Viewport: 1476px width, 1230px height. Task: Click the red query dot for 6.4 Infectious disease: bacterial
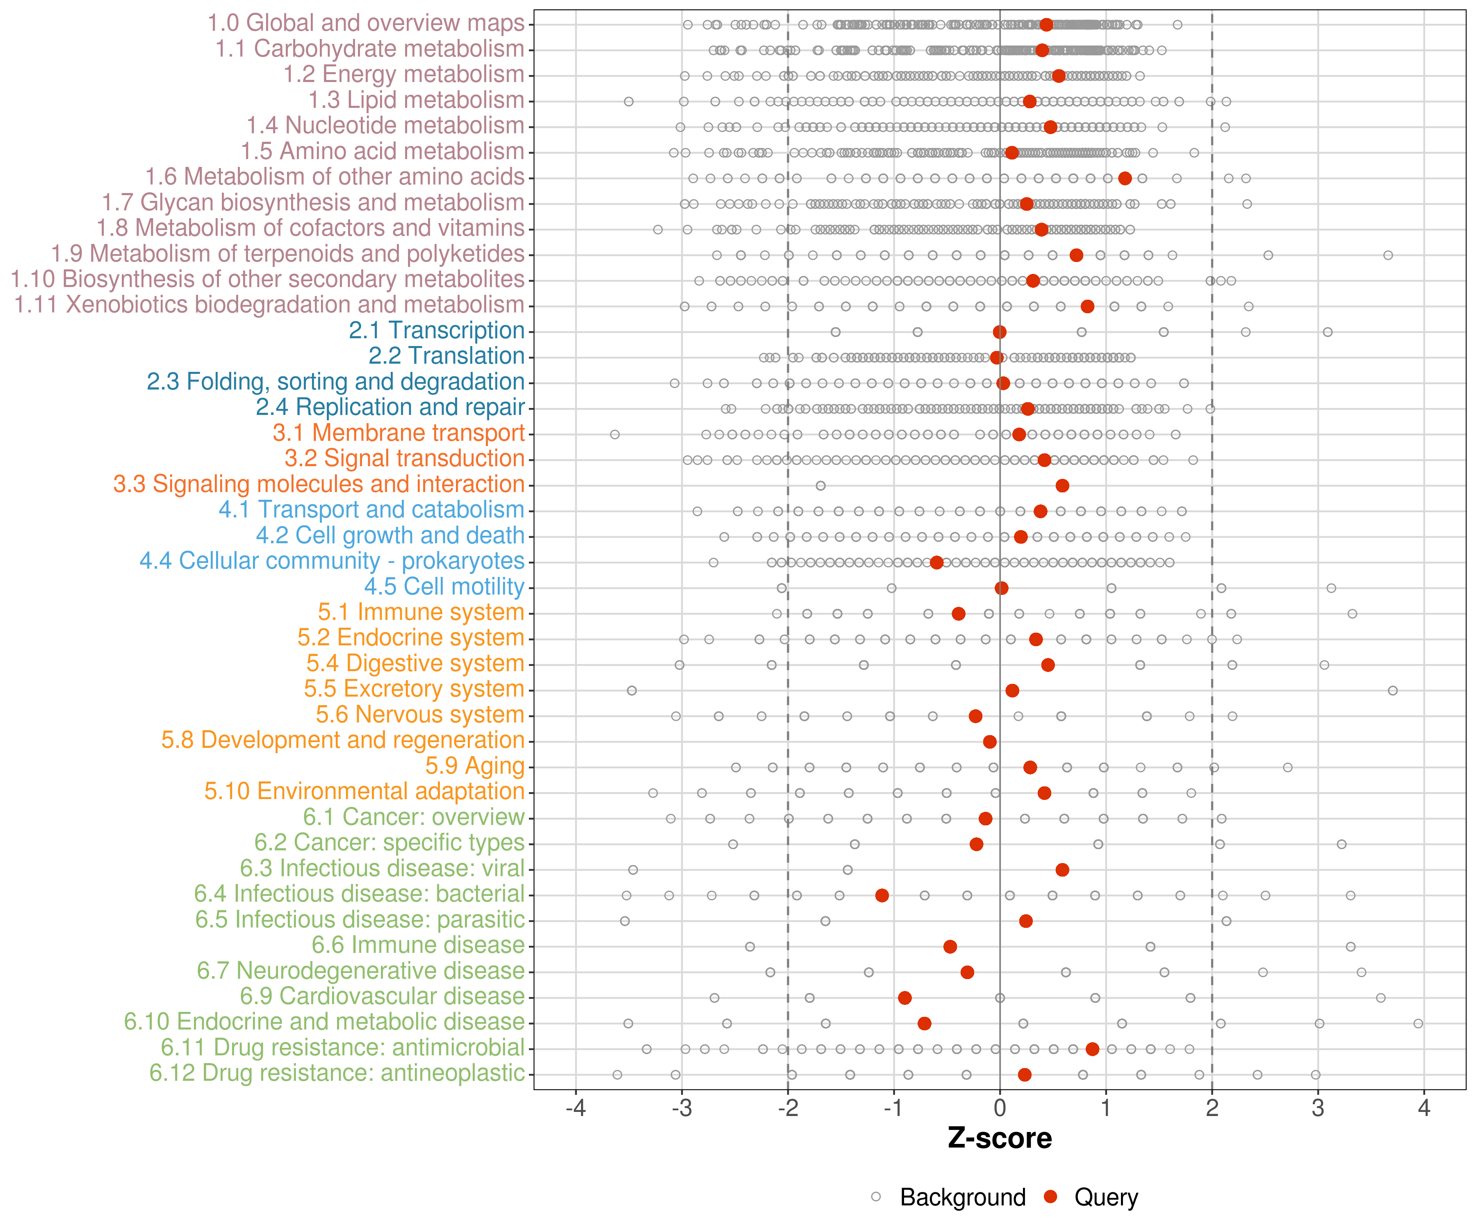[x=882, y=895]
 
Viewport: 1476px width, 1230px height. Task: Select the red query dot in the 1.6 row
[x=1125, y=178]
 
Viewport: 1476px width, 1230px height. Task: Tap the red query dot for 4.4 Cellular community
[x=936, y=562]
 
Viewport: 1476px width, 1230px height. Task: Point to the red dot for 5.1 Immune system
[x=958, y=614]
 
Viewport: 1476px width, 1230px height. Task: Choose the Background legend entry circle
[x=876, y=1197]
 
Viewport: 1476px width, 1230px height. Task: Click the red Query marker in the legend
[x=1051, y=1197]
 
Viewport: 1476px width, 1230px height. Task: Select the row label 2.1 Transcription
[x=437, y=330]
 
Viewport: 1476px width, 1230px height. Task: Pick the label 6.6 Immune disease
[x=418, y=945]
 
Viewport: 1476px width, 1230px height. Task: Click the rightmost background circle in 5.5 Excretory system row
[x=1392, y=691]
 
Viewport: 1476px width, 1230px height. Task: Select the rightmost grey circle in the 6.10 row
[x=1418, y=1023]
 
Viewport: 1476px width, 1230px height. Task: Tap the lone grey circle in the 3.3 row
[x=820, y=486]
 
